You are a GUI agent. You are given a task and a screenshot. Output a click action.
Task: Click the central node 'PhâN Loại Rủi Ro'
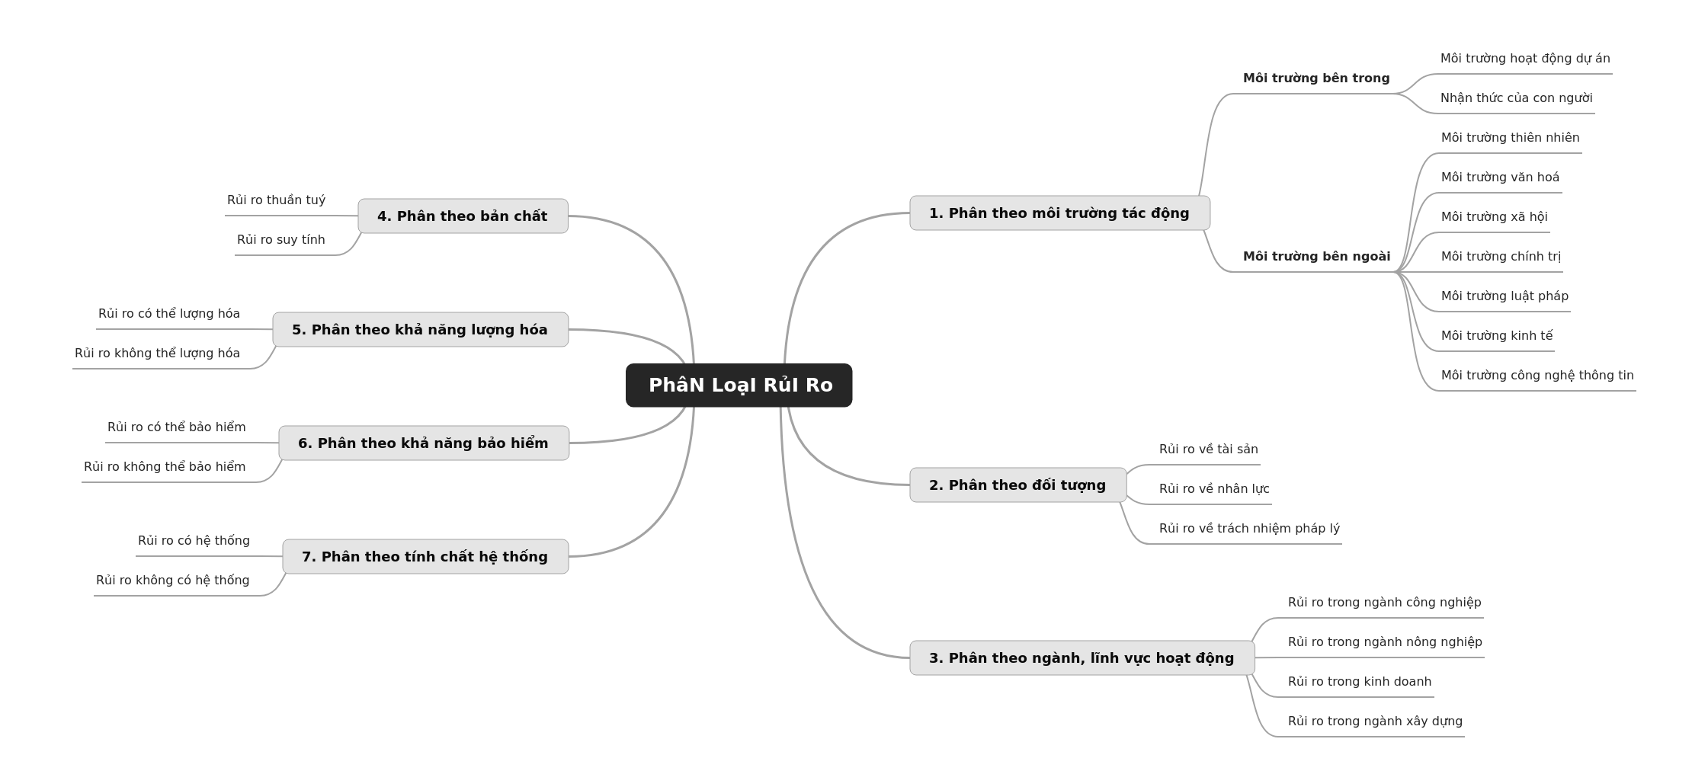tap(739, 385)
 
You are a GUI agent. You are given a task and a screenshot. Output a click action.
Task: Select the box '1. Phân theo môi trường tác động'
tap(1059, 213)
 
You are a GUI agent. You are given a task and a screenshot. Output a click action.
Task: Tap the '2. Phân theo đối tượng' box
tap(1017, 485)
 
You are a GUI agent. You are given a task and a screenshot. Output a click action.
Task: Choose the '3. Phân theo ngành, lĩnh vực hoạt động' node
tap(1082, 658)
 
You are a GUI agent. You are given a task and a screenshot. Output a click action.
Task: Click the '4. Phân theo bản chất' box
tap(463, 216)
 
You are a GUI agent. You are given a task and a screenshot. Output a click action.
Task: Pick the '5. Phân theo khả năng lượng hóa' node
tap(420, 330)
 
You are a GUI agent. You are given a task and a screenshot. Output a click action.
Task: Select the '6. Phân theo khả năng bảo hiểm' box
tap(424, 443)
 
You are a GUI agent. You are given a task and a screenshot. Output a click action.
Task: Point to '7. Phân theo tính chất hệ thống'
tap(425, 557)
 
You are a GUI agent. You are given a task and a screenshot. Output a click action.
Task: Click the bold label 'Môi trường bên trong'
tap(1316, 78)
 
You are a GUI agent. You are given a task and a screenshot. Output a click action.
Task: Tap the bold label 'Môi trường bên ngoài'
tap(1316, 257)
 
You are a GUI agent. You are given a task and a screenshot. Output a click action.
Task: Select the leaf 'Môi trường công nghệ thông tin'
tap(1537, 376)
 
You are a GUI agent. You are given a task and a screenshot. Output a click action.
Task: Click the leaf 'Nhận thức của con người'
tap(1516, 98)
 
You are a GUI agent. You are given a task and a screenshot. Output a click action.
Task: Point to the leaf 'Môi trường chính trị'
tap(1501, 257)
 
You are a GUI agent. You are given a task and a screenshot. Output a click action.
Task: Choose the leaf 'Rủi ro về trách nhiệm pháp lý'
tap(1249, 529)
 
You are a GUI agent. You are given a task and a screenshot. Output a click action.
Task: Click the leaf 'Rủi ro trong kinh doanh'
tap(1360, 682)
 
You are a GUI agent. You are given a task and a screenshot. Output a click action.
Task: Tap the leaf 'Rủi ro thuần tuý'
tap(276, 200)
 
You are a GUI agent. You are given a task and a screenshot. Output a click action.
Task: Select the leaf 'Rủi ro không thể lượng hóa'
tap(157, 354)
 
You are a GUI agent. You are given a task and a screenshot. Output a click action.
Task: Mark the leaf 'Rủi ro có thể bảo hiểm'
tap(176, 427)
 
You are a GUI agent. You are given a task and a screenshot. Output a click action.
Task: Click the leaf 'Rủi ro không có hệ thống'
tap(172, 581)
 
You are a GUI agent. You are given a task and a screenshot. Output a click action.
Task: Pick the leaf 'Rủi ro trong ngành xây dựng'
tap(1375, 721)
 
